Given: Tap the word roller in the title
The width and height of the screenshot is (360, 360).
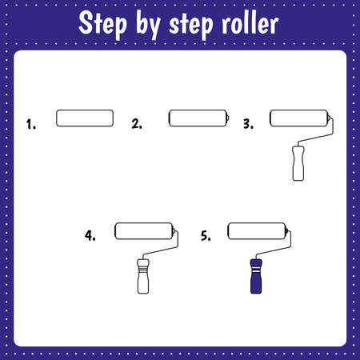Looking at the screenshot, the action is (250, 24).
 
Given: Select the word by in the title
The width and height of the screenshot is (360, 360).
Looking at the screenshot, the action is (148, 25).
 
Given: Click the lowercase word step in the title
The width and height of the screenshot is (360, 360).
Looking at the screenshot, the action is (191, 26).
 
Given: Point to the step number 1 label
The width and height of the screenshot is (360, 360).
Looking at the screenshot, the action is (30, 124).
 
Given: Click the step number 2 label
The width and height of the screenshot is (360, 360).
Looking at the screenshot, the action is (137, 124).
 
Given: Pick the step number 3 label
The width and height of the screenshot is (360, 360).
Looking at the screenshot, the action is (248, 124).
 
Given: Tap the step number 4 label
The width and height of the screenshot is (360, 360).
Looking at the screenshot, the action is (90, 236).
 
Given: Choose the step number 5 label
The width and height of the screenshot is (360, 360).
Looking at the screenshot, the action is (206, 236).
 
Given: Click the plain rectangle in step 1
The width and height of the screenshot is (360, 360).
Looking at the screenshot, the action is (85, 118).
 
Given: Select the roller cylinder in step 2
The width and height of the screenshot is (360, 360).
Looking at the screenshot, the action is (198, 118).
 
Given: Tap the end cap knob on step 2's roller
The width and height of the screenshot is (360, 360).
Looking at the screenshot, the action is (228, 118).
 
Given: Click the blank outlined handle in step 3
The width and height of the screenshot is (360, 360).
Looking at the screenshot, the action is (298, 163).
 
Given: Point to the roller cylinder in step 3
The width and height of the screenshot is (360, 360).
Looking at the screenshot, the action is (298, 118).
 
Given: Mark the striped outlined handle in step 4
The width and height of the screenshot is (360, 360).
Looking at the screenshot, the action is (143, 276).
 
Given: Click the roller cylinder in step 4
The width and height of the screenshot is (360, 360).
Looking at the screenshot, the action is (144, 231).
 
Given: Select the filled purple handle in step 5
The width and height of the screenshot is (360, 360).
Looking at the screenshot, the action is (256, 276).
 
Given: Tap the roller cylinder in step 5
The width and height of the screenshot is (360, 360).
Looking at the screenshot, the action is (257, 231).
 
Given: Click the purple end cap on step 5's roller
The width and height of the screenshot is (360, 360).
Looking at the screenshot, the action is (286, 231).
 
